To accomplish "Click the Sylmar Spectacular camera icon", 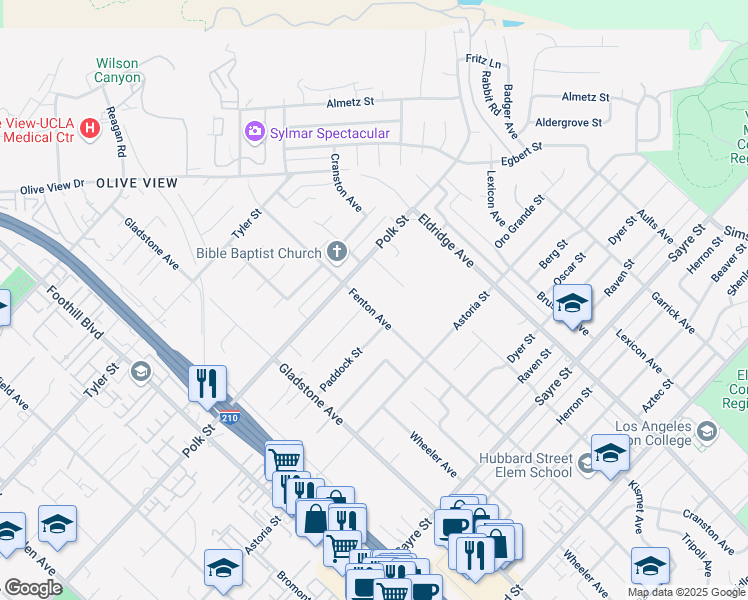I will [254, 132].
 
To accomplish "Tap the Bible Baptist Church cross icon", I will [337, 253].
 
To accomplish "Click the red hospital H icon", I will [90, 128].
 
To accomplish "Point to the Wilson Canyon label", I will [117, 69].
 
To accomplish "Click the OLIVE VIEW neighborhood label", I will [137, 183].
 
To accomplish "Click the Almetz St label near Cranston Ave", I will [350, 102].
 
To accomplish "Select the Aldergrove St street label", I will [569, 122].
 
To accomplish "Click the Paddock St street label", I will [340, 370].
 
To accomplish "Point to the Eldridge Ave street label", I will [446, 240].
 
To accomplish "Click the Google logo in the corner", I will [33, 588].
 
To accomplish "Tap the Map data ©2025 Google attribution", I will [685, 592].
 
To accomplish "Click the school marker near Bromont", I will [223, 568].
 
